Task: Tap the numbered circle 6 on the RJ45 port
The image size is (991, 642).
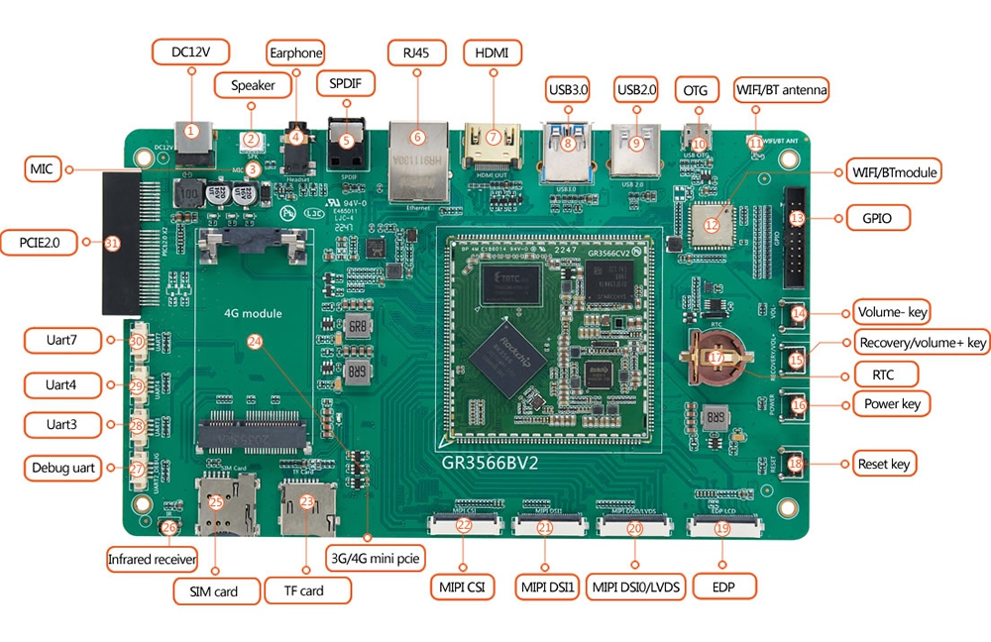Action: point(417,138)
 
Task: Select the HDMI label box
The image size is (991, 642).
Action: point(492,52)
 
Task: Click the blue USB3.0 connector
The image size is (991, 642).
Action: point(567,149)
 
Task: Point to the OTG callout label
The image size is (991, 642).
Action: point(696,90)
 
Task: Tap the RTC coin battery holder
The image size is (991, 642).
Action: point(716,358)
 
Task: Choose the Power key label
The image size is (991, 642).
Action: point(892,403)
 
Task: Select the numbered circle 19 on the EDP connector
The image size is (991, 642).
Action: point(722,529)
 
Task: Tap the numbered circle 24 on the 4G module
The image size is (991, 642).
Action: point(255,341)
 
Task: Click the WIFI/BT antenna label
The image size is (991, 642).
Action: point(781,90)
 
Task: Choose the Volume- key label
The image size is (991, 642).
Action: point(890,313)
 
